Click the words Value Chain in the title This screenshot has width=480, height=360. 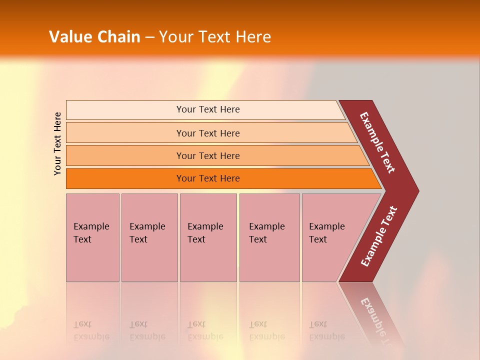94,36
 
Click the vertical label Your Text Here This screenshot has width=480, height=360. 57,143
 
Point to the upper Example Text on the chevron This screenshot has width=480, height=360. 377,142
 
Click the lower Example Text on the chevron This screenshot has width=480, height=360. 379,236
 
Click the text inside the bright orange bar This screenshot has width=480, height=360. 208,178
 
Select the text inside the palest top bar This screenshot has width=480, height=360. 208,109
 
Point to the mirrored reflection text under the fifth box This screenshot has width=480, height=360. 326,330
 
